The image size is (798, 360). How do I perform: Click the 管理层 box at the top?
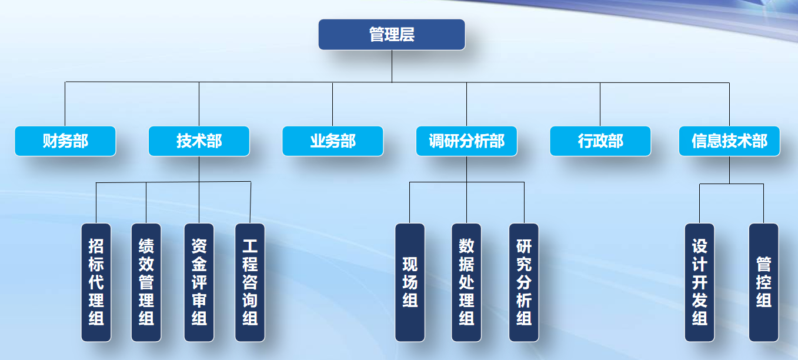pyautogui.click(x=392, y=35)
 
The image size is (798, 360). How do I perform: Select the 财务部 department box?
pyautogui.click(x=65, y=141)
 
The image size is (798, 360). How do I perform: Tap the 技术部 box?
pyautogui.click(x=199, y=141)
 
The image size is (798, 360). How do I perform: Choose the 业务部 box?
pyautogui.click(x=333, y=141)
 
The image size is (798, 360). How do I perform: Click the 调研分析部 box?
pyautogui.click(x=466, y=141)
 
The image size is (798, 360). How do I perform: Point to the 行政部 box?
pyautogui.click(x=600, y=141)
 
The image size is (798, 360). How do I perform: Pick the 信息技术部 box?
pyautogui.click(x=729, y=141)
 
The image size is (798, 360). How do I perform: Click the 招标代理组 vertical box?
pyautogui.click(x=96, y=282)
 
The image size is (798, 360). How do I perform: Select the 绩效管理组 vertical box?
pyautogui.click(x=146, y=282)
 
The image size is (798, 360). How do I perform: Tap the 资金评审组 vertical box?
pyautogui.click(x=199, y=282)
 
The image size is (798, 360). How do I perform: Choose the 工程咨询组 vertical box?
pyautogui.click(x=250, y=282)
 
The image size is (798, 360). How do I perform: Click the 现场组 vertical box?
pyautogui.click(x=410, y=282)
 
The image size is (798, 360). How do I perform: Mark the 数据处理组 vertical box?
pyautogui.click(x=466, y=282)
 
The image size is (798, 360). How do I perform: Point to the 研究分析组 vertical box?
pyautogui.click(x=524, y=282)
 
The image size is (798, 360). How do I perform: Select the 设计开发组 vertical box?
pyautogui.click(x=699, y=282)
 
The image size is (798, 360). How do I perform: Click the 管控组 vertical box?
pyautogui.click(x=763, y=282)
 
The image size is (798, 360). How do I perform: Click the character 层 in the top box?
pyautogui.click(x=407, y=35)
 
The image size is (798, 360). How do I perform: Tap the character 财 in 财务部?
pyautogui.click(x=50, y=141)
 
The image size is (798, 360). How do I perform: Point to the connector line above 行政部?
pyautogui.click(x=600, y=104)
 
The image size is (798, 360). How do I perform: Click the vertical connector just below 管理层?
pyautogui.click(x=392, y=66)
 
